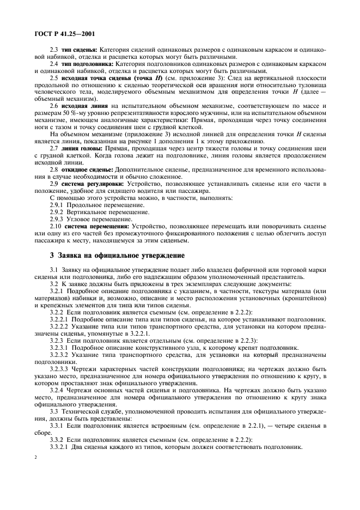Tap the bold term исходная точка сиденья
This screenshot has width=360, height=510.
click(90, 78)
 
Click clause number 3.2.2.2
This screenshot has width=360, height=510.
click(59, 326)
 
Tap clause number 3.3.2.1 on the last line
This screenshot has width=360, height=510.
click(59, 446)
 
